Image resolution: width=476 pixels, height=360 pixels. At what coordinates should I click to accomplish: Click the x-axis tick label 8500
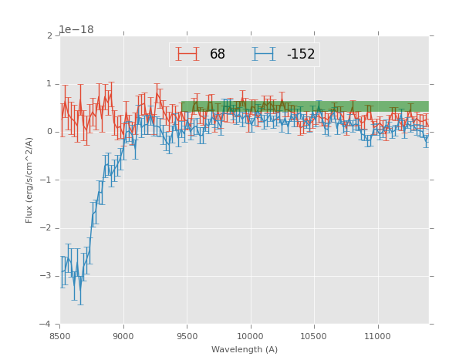pos(60,336)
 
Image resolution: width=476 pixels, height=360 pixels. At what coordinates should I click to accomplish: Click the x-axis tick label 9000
pos(123,336)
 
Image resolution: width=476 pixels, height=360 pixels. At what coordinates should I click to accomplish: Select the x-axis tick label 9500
pos(187,336)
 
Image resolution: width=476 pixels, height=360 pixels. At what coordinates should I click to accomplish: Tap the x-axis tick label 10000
pos(250,336)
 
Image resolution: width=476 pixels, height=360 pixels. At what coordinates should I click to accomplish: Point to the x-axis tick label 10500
pos(313,336)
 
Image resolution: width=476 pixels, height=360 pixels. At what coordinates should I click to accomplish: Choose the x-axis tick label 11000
pos(376,336)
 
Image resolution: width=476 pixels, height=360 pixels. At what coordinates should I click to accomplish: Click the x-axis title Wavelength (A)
pos(245,350)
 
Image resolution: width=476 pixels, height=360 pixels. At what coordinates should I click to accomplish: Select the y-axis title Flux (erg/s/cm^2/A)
pos(29,180)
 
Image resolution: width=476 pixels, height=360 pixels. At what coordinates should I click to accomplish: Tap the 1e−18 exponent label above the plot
pos(76,29)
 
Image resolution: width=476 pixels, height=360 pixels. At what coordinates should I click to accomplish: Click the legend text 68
pos(218,55)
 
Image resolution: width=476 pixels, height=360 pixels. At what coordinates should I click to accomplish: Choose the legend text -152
pos(301,55)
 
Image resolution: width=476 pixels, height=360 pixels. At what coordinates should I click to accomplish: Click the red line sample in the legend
pos(187,54)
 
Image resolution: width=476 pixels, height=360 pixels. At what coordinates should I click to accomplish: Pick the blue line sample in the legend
pos(264,54)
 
